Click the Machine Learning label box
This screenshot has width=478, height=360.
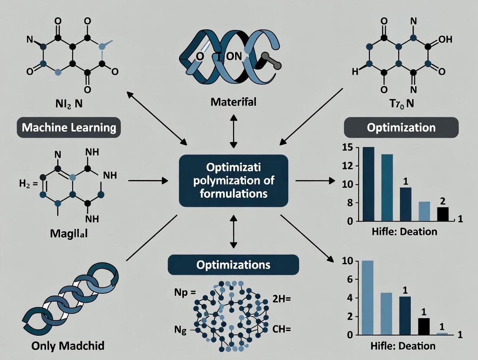click(x=69, y=128)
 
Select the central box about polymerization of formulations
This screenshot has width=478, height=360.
click(x=233, y=180)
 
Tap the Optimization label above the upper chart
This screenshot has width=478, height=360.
click(x=401, y=128)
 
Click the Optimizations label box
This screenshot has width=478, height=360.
click(x=233, y=265)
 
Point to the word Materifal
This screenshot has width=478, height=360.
click(x=234, y=103)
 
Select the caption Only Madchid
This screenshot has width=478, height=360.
click(x=68, y=346)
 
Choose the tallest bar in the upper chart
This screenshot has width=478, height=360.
click(x=368, y=184)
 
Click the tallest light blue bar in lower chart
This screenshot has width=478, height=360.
click(x=367, y=298)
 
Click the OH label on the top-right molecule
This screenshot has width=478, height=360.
click(x=445, y=39)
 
